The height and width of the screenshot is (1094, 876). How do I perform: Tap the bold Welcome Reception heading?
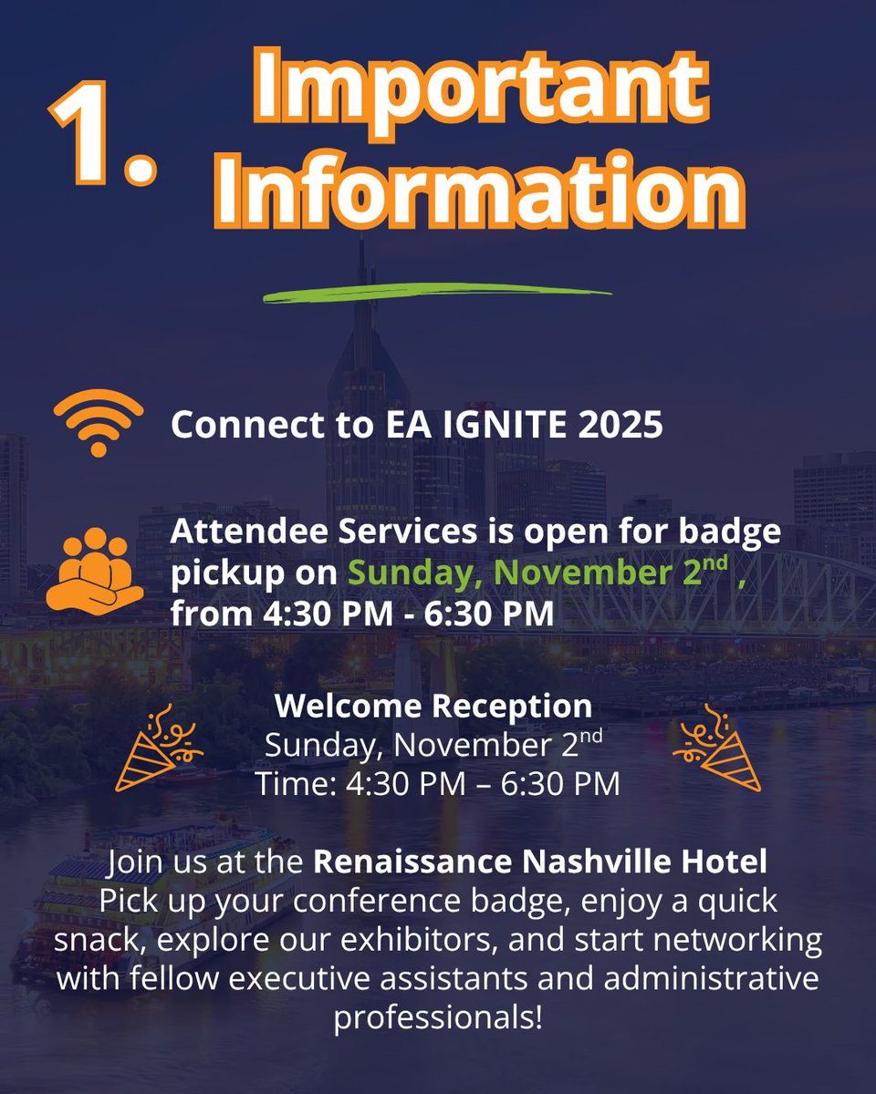[x=433, y=706]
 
